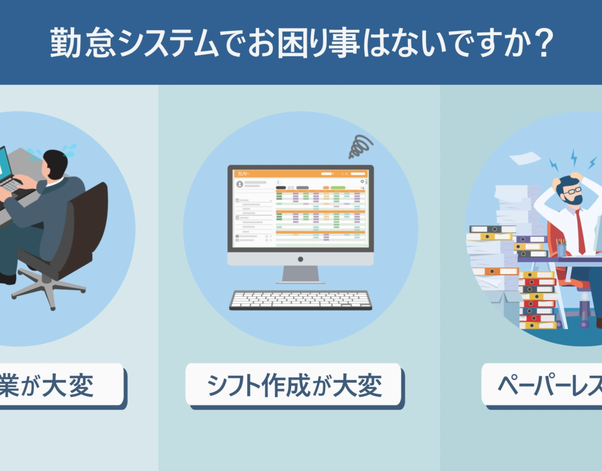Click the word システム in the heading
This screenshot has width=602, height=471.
click(169, 43)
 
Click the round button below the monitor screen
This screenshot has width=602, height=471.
click(300, 259)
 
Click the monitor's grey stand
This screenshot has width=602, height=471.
click(300, 274)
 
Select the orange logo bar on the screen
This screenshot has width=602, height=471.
click(300, 174)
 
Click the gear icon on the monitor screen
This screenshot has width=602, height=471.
click(362, 181)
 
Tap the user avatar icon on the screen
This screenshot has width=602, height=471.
click(240, 184)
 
